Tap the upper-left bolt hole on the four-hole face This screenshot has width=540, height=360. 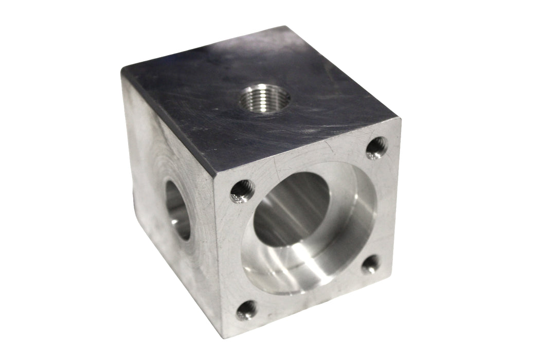coord(240,192)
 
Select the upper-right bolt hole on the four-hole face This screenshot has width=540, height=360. coord(377,147)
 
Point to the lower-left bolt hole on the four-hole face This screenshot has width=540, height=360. coord(247,310)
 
